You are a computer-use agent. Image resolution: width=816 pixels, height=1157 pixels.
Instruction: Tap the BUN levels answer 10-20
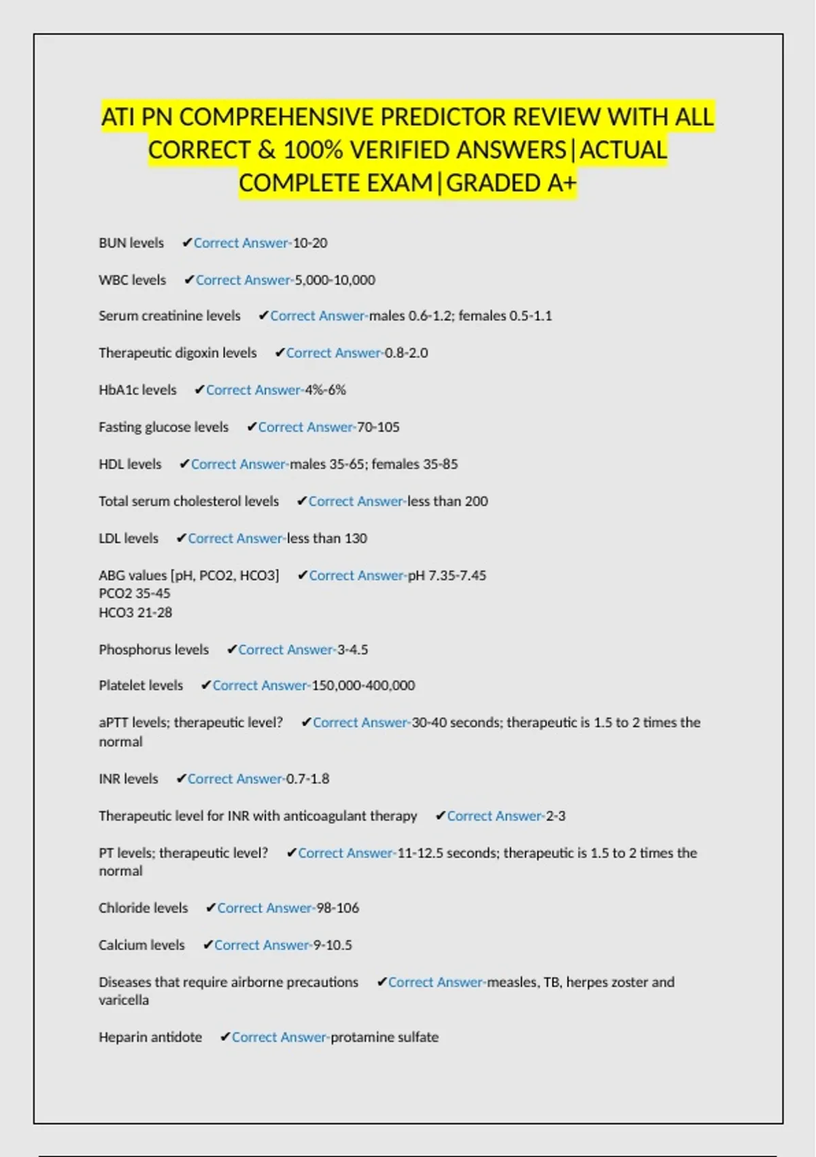point(310,243)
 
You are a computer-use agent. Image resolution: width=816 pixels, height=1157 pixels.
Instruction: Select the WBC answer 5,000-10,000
point(335,280)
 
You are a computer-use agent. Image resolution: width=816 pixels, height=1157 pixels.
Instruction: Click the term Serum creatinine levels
point(169,316)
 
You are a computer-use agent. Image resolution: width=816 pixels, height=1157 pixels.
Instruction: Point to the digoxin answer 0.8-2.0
point(406,353)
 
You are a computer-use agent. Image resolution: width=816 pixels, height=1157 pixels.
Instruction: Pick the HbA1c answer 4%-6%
point(325,390)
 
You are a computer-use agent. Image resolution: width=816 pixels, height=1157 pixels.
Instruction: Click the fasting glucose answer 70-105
point(378,427)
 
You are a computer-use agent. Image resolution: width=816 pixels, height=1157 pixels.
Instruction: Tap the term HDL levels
point(130,464)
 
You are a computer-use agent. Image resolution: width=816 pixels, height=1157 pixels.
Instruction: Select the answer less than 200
point(447,501)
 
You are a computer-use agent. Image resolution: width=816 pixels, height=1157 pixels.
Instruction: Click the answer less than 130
point(327,538)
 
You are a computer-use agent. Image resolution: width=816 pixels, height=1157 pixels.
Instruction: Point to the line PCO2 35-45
point(135,593)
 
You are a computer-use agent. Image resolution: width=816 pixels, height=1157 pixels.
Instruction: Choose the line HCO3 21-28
point(135,613)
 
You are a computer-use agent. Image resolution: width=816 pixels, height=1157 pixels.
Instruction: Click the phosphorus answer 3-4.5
point(353,649)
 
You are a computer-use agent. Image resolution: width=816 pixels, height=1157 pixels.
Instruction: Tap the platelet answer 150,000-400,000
point(363,685)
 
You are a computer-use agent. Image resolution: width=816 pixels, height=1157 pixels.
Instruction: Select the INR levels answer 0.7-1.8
point(307,779)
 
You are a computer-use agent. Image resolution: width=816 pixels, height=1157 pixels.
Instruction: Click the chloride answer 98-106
point(337,908)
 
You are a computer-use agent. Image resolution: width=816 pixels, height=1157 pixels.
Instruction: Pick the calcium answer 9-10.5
point(333,945)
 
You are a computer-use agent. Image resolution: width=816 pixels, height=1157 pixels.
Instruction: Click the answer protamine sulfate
point(384,1037)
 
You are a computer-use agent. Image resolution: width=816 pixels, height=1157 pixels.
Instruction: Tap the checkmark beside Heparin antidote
point(225,1037)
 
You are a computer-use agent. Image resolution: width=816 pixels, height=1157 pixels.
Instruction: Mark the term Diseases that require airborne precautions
point(228,982)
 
